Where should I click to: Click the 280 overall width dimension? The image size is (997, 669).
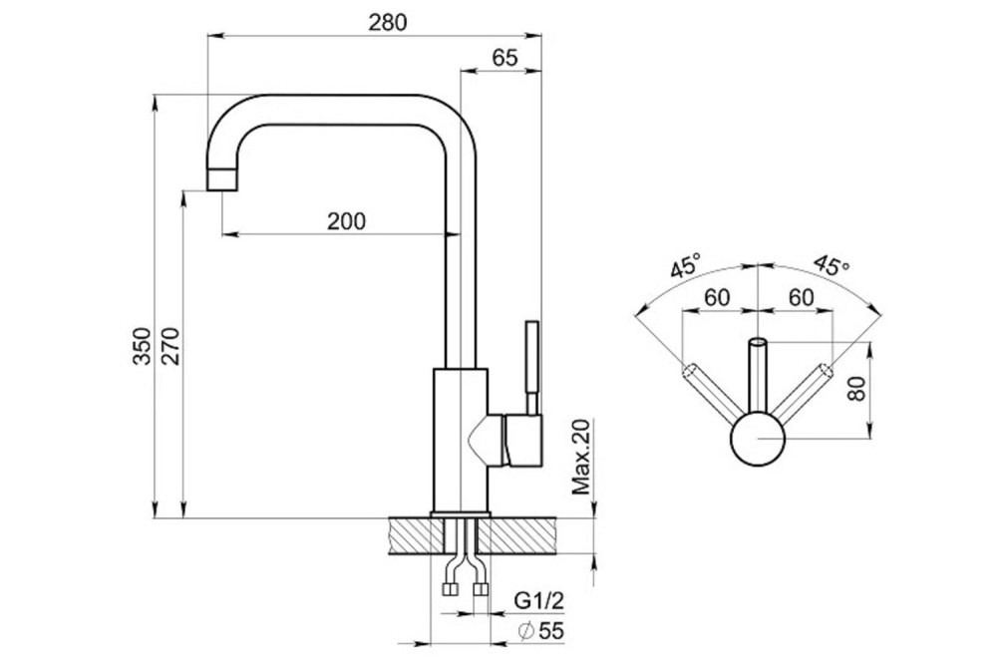coord(387,22)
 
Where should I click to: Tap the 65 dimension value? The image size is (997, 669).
coord(505,58)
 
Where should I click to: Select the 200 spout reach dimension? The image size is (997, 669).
coord(347,221)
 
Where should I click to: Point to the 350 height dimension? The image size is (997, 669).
coord(143,346)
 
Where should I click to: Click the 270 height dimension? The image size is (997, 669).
coord(171,346)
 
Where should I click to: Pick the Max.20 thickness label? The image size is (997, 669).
coord(581,458)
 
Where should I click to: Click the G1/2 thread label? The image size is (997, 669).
coord(538,600)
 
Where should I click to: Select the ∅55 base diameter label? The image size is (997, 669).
coord(540,631)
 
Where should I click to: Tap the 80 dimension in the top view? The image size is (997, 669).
coord(857,389)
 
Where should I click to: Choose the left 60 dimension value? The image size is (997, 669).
coord(717,297)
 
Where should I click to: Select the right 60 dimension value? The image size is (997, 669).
coord(801,297)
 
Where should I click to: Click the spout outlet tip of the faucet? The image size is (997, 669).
coord(222,180)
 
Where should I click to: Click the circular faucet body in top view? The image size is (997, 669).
coord(758,440)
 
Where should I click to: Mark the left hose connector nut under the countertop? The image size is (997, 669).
coord(450,589)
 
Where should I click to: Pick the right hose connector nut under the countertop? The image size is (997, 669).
coord(482,589)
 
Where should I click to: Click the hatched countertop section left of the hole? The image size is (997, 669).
coord(415,535)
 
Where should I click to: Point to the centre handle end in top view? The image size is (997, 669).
coord(758,343)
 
